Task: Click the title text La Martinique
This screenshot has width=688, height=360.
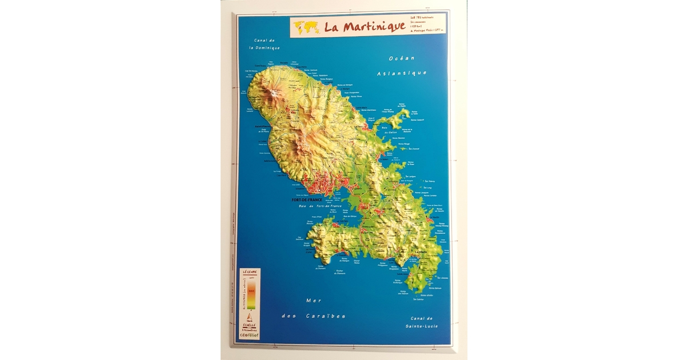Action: [x=365, y=27]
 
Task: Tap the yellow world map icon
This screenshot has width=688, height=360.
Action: [x=306, y=27]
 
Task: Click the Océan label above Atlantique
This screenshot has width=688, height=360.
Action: [x=401, y=59]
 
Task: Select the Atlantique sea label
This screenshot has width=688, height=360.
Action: [x=402, y=73]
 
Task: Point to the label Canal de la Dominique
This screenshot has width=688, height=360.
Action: [x=265, y=44]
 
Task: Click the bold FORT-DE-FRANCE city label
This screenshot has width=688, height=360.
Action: [x=307, y=200]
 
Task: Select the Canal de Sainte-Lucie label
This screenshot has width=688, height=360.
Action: [x=422, y=322]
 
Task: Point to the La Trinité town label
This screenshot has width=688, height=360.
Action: [x=361, y=127]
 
